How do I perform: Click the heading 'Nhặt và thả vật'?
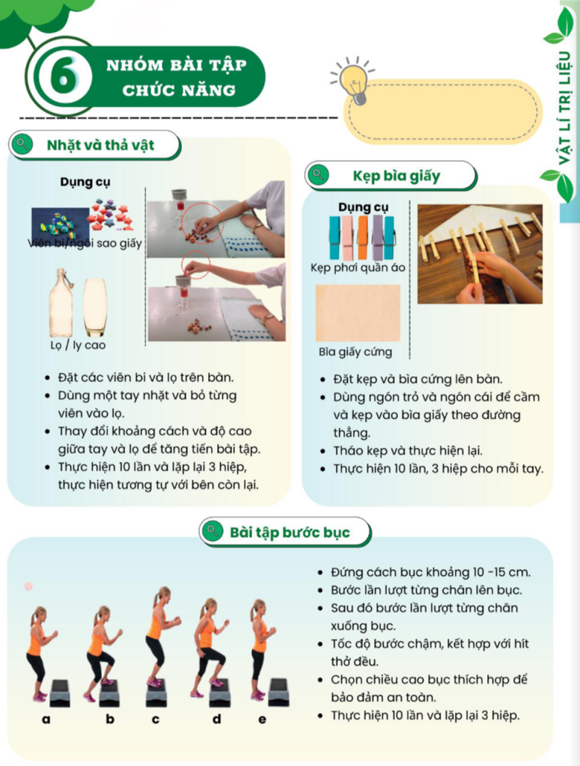(100, 145)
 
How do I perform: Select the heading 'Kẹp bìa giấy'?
(397, 176)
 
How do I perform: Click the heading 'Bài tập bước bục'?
(290, 533)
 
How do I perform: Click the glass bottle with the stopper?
(61, 302)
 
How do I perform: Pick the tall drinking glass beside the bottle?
(95, 307)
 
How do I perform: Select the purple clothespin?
(377, 237)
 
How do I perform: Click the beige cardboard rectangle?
(358, 313)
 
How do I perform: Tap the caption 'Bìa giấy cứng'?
(355, 352)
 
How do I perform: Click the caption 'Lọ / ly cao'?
(78, 346)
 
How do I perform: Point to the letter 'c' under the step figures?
(156, 719)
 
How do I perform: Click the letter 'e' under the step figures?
(263, 719)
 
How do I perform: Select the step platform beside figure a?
(60, 693)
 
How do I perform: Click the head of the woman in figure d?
(210, 607)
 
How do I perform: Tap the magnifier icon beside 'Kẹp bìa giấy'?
(319, 175)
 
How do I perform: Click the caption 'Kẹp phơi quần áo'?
(358, 268)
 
